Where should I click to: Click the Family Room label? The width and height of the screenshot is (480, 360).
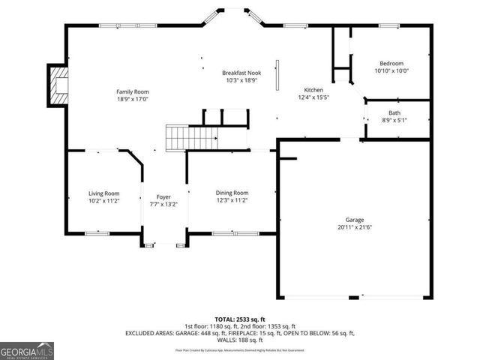pos(132,91)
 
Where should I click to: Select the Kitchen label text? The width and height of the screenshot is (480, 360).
pos(313,89)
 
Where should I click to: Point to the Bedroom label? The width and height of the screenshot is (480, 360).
pos(391,64)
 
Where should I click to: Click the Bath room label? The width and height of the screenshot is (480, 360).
pos(394,113)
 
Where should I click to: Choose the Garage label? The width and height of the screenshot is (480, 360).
pos(355,220)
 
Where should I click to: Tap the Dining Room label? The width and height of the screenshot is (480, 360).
pos(232,193)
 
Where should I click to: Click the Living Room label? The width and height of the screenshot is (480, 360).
pos(104,193)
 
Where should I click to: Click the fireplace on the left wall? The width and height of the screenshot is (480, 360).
pos(58,85)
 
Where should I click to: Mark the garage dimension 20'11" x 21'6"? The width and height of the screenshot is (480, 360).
pos(355,227)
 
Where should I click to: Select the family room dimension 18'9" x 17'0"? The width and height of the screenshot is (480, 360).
pos(132,99)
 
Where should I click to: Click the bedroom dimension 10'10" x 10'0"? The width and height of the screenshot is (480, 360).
pos(391,71)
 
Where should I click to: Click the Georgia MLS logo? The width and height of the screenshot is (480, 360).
pos(27,349)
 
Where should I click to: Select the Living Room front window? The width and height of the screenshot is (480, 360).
pos(97,233)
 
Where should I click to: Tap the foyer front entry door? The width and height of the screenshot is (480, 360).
pos(163,244)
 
